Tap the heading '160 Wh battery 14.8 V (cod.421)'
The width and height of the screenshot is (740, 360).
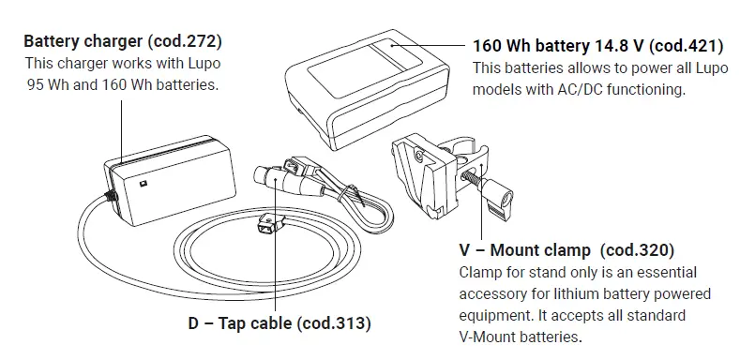pyautogui.click(x=595, y=46)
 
